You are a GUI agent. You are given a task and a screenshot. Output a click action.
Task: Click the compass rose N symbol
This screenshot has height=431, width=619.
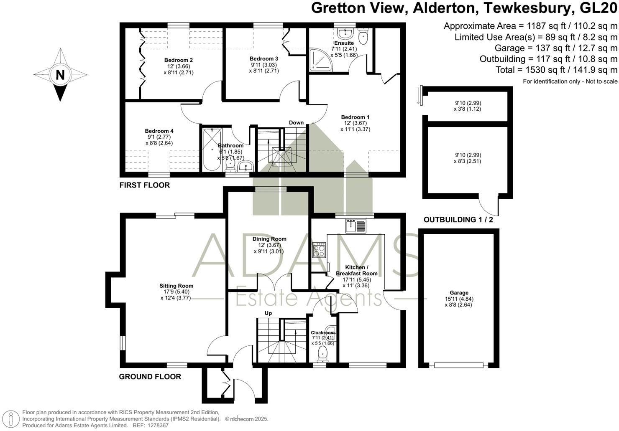60,75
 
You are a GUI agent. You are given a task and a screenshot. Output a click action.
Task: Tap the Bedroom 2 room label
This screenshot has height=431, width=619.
178,60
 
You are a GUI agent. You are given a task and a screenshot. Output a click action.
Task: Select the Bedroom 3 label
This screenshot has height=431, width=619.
263,59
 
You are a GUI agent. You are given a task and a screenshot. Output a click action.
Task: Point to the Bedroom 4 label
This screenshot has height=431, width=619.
159,131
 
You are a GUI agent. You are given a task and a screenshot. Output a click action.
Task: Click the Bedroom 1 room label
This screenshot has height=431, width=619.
355,117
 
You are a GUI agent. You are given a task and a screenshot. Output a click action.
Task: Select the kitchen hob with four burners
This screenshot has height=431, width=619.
319,250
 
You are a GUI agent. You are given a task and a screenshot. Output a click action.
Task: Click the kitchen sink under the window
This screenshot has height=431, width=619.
355,226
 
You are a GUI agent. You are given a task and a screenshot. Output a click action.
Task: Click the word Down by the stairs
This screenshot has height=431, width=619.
296,123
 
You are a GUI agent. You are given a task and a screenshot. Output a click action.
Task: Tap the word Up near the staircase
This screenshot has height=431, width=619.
268,313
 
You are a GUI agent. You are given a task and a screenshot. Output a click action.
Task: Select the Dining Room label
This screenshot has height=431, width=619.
269,239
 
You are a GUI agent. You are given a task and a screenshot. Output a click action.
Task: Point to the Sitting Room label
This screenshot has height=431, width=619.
176,286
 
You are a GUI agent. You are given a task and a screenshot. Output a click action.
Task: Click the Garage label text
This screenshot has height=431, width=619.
459,293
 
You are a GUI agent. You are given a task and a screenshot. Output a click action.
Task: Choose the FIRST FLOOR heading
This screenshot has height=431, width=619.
144,185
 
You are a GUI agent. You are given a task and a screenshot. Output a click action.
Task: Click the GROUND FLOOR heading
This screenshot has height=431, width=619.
150,377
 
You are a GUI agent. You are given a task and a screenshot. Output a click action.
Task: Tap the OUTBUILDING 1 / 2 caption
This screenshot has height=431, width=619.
458,220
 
